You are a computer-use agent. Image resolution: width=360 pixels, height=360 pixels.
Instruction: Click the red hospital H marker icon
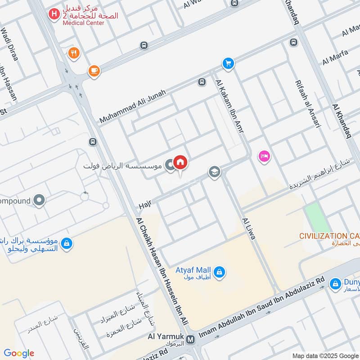coord(54,15)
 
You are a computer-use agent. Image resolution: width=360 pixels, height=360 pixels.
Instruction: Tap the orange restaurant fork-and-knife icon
coord(74,53)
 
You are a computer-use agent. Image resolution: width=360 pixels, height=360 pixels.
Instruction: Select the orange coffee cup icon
coord(94,71)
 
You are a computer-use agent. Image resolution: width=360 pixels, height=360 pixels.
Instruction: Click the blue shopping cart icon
coord(228,63)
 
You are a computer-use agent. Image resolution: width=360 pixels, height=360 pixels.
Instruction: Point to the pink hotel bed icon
coord(264,157)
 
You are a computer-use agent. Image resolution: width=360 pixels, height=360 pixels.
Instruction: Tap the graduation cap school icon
coord(214,172)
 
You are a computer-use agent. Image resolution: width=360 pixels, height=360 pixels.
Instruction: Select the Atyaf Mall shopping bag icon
coord(220,272)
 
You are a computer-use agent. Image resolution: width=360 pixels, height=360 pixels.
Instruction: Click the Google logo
coord(19,353)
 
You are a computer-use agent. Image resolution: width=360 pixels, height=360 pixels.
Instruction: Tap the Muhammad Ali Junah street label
coord(133,107)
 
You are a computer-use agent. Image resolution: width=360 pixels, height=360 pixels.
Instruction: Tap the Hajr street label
coord(144,205)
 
